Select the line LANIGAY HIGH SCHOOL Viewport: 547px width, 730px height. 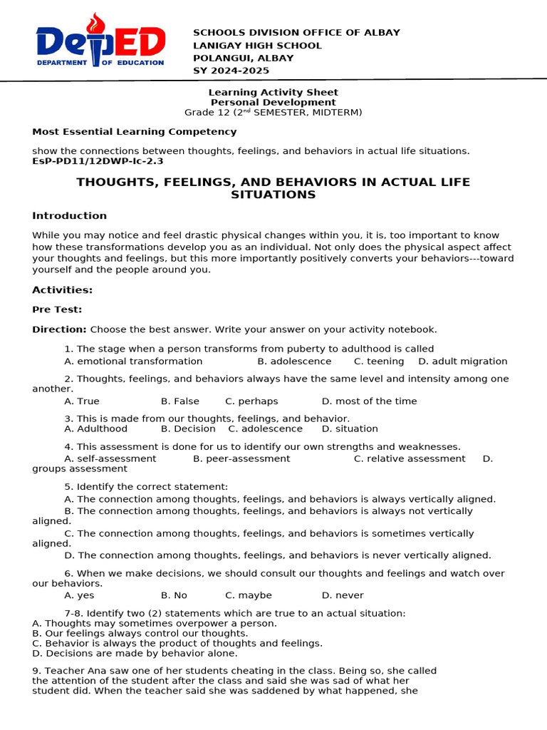(x=257, y=46)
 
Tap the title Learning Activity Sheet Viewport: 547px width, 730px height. (x=273, y=93)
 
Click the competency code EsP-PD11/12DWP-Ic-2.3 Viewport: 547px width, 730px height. (x=98, y=161)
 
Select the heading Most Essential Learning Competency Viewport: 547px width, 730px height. (x=134, y=132)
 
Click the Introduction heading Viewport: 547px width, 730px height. (x=69, y=216)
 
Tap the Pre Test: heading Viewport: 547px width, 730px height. (x=57, y=309)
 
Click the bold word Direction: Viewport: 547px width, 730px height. (x=59, y=329)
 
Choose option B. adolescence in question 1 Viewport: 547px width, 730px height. (x=293, y=361)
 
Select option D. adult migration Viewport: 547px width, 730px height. (x=463, y=361)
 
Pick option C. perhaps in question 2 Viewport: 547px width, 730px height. (x=251, y=401)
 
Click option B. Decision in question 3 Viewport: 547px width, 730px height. (x=188, y=429)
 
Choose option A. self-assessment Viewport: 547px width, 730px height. (x=110, y=459)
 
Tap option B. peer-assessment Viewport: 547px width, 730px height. (x=241, y=459)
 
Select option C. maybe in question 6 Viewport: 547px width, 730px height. (x=249, y=595)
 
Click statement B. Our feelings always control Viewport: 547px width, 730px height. (x=140, y=633)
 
